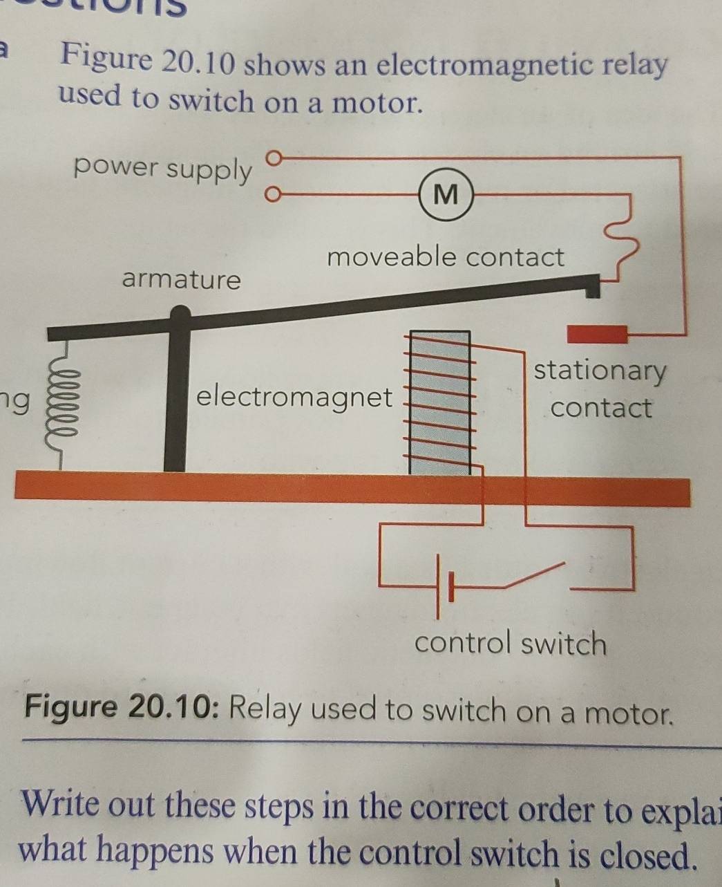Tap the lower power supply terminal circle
point(274,195)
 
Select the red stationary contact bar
point(597,335)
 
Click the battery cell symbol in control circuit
point(444,586)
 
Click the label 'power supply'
point(163,169)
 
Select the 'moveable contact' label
point(446,257)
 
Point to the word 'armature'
point(182,280)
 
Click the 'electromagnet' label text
point(294,398)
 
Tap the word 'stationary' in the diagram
point(600,371)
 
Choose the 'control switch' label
point(510,644)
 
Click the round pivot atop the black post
point(180,316)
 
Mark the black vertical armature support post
point(177,401)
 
